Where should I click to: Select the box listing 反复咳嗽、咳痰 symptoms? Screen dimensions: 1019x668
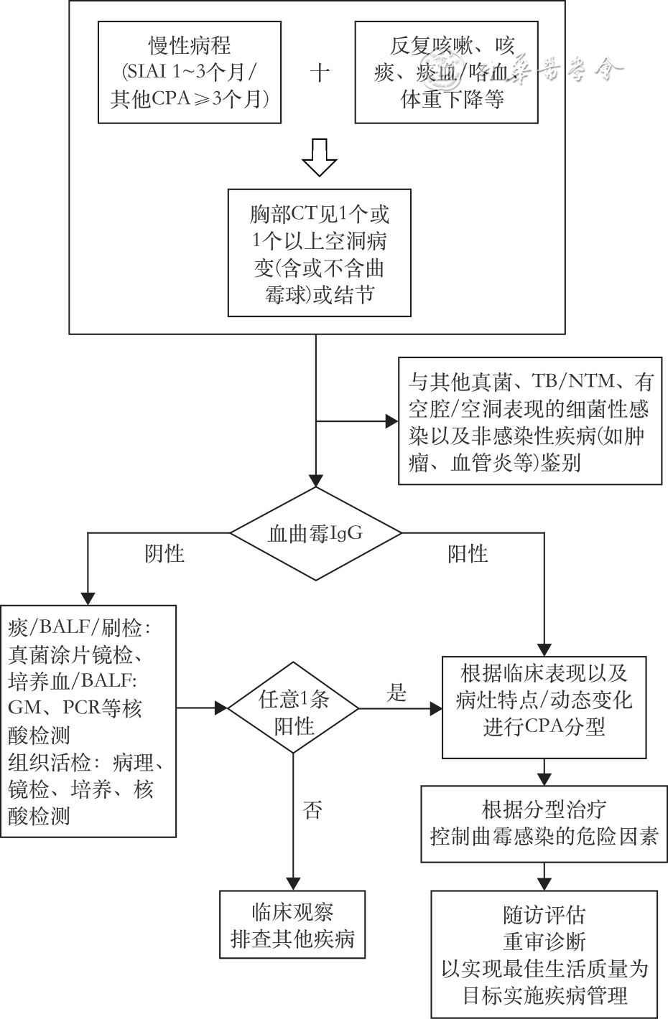446,72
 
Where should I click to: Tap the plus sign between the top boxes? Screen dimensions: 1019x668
319,72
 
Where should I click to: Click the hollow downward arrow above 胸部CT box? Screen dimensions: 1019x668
319,157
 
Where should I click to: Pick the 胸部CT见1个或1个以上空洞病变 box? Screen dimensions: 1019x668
319,253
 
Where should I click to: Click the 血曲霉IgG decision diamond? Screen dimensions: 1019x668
315,533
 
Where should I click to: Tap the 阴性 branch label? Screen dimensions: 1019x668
164,553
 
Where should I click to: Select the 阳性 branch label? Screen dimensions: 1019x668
468,553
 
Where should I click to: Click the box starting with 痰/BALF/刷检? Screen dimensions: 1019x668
88,720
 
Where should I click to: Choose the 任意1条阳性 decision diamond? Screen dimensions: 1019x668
294,708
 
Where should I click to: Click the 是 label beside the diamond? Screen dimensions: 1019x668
396,692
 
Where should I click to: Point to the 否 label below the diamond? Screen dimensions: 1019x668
312,811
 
